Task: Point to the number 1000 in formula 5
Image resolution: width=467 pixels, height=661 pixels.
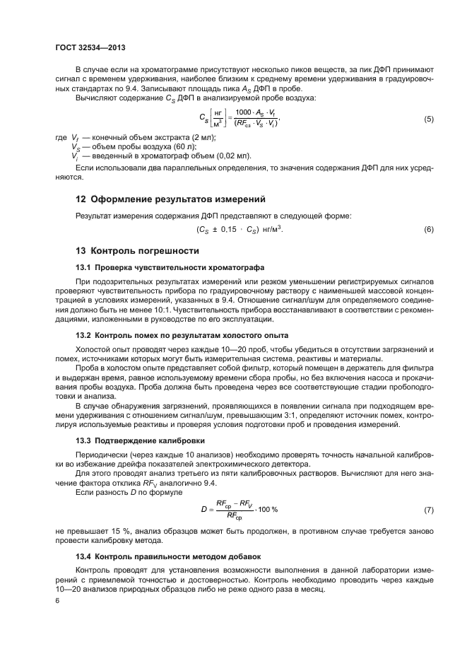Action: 243,113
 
